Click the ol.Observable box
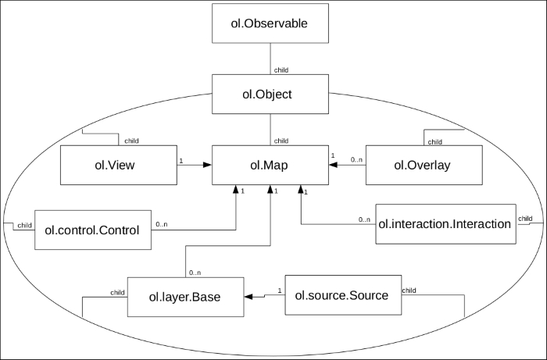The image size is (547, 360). tap(270, 24)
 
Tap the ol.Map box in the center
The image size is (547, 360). tap(270, 165)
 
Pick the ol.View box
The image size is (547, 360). tap(119, 165)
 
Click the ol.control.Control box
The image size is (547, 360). tap(93, 230)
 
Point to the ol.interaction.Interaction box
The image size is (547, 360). tap(444, 224)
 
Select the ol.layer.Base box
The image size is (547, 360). tap(184, 297)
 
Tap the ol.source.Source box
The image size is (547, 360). tap(341, 296)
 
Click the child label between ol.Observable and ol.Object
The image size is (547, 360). tap(282, 70)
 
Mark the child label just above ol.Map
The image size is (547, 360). tap(281, 141)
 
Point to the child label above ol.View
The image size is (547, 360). tap(132, 141)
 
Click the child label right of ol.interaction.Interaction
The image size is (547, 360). tap(526, 218)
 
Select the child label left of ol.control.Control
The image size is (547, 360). tap(24, 225)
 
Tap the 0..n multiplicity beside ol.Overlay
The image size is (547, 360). tap(356, 159)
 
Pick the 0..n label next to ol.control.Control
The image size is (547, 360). tap(162, 225)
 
